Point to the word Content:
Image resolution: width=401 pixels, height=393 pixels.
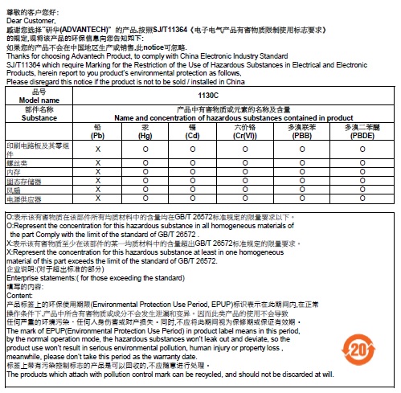(x=18, y=295)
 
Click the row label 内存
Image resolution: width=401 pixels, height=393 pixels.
(x=14, y=172)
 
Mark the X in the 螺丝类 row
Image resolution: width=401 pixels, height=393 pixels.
(x=98, y=163)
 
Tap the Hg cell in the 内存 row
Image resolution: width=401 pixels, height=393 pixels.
(x=145, y=172)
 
